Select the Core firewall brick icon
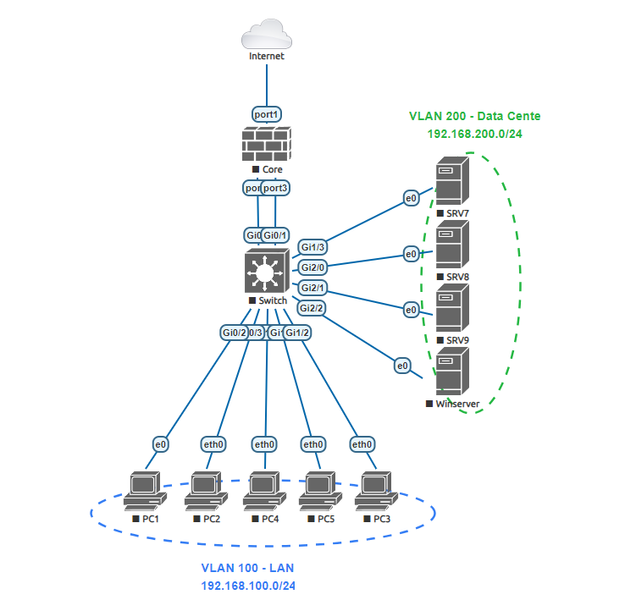267,145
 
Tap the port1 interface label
267,113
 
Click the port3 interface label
275,188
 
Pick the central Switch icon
267,272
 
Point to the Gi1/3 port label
313,246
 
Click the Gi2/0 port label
313,267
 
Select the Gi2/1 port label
313,288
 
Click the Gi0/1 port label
276,234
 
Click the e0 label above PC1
160,443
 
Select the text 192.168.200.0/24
473,133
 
